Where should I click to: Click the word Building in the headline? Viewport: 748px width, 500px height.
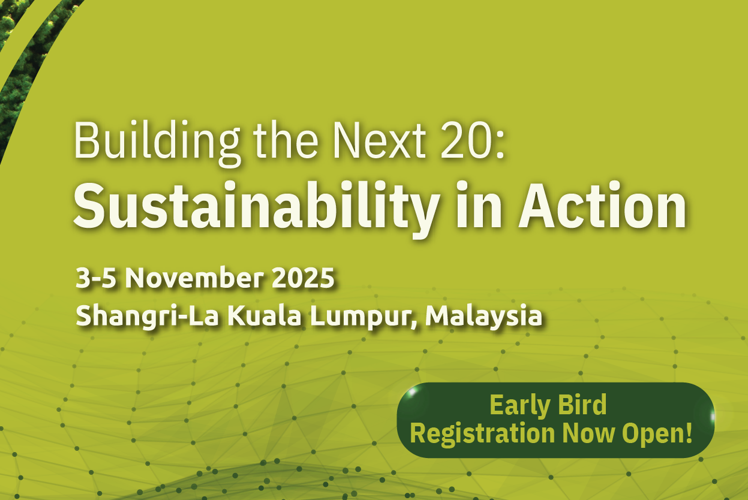click(x=157, y=143)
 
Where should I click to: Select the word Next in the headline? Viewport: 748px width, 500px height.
click(x=380, y=140)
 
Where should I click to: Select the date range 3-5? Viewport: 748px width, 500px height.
click(x=96, y=278)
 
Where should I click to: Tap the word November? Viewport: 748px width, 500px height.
click(x=194, y=278)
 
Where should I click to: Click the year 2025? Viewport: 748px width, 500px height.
click(x=303, y=278)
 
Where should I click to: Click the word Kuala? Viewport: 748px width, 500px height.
click(x=265, y=315)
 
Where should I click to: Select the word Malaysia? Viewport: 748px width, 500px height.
click(x=483, y=317)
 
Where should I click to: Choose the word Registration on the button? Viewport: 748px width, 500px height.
click(x=482, y=434)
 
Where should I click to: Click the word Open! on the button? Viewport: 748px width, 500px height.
click(x=657, y=434)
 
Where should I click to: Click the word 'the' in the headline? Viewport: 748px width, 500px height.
click(x=286, y=140)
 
